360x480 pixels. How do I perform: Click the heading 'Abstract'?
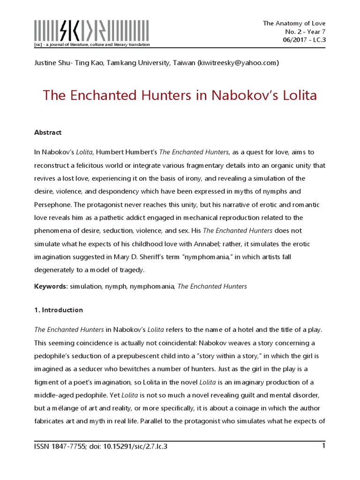[48, 133]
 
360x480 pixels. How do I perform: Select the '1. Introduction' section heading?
[59, 310]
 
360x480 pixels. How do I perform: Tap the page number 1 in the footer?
[323, 446]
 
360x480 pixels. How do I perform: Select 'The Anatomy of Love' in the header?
[294, 23]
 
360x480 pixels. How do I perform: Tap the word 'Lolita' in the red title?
[298, 96]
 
